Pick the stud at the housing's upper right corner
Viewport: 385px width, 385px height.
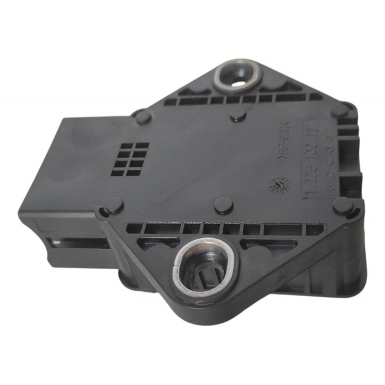(x=339, y=110)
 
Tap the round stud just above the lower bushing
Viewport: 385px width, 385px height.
(x=222, y=205)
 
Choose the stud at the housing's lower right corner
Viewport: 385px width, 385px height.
(x=343, y=206)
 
